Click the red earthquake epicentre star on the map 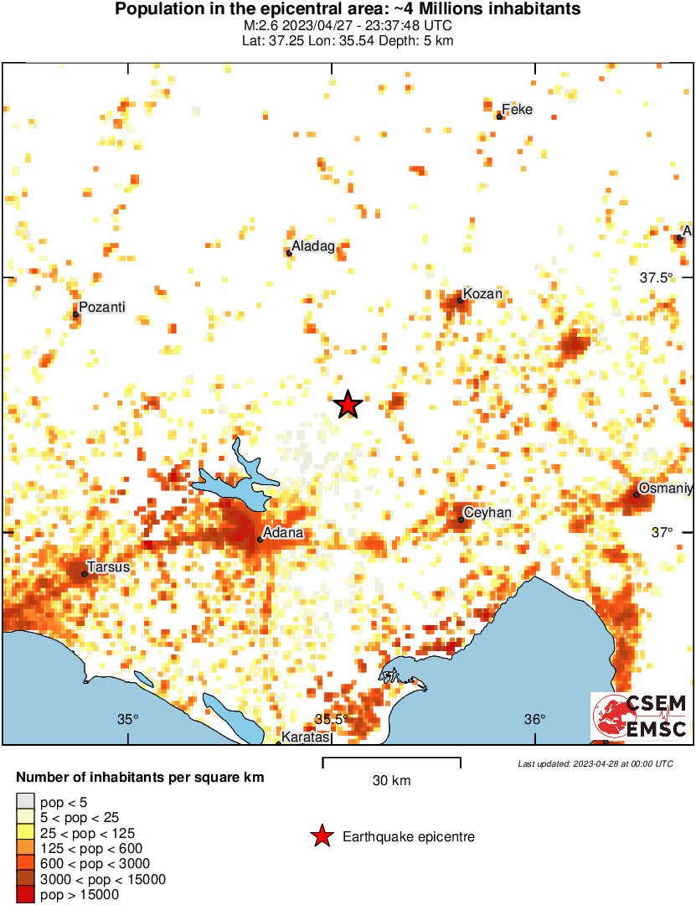tap(348, 405)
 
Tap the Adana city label tap(283, 533)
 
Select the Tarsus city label tap(110, 567)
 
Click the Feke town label tap(517, 110)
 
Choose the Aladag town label tap(313, 246)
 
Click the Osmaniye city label tap(666, 488)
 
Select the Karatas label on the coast tap(305, 737)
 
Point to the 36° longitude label tap(534, 719)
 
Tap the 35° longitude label tap(127, 719)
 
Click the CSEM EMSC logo tap(640, 716)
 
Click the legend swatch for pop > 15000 tap(26, 895)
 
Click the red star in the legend tap(321, 836)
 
